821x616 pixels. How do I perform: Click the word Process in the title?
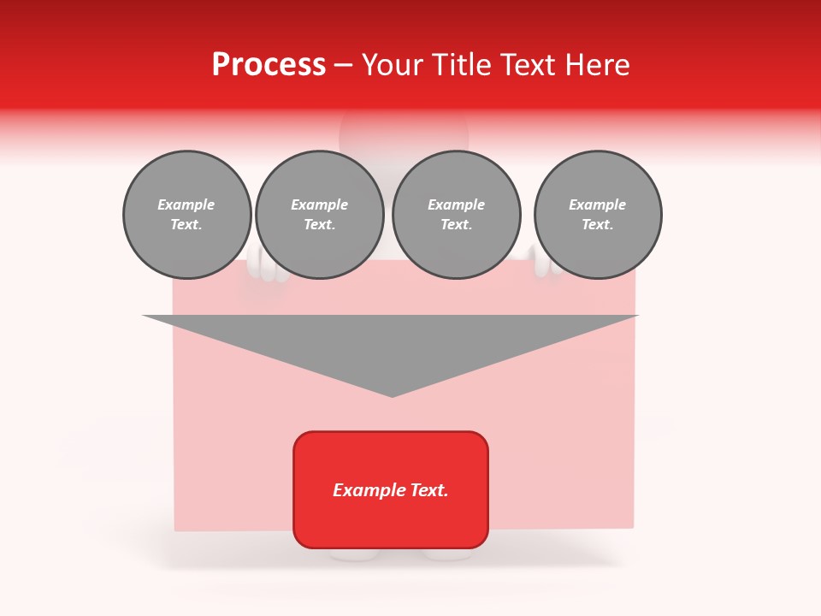pos(269,65)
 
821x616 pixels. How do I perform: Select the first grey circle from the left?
pos(186,215)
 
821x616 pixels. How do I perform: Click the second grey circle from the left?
pos(319,215)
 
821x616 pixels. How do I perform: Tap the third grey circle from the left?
pos(456,215)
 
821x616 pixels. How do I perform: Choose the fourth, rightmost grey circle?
pos(597,215)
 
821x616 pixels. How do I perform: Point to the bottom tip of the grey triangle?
pos(392,394)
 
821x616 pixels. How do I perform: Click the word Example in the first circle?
pos(186,204)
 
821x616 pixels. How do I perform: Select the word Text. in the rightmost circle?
pos(597,225)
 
